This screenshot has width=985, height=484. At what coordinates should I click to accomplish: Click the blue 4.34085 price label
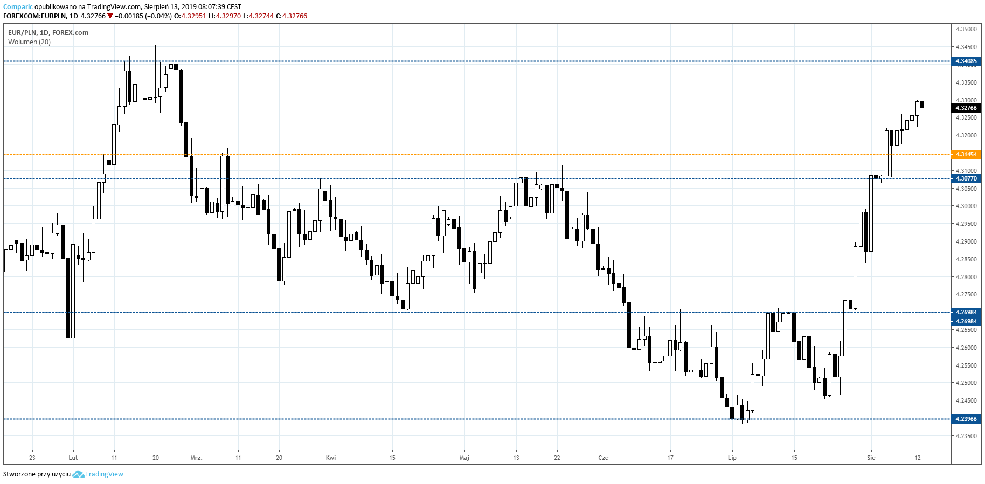[966, 61]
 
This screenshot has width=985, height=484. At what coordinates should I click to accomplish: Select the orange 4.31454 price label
[966, 155]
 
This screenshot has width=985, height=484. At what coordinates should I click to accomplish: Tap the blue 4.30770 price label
[966, 179]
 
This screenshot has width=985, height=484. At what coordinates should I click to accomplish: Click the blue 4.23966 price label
[966, 419]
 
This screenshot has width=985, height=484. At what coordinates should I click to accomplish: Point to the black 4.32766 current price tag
[966, 108]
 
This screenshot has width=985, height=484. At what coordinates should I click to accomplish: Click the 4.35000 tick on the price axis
[966, 30]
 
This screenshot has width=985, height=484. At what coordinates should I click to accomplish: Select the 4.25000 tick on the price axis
[966, 383]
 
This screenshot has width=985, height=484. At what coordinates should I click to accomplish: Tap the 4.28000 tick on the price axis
[966, 277]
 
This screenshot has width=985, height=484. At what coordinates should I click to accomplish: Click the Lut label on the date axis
[73, 458]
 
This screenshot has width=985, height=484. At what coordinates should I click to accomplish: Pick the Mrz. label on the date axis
[197, 458]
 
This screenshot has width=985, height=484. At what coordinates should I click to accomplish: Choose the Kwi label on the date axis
[331, 458]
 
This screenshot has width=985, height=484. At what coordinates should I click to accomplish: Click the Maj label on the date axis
[464, 458]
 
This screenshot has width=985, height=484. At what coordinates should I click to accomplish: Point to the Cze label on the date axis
[604, 458]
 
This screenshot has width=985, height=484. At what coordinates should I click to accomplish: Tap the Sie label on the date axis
[871, 458]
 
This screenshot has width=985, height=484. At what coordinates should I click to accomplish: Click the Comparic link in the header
[18, 7]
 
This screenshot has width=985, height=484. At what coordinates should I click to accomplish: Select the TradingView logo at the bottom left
[98, 474]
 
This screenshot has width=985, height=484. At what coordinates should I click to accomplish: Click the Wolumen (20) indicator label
[30, 42]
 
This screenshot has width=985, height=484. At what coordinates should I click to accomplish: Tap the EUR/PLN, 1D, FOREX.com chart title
[48, 33]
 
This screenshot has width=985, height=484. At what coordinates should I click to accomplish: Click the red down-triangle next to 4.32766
[110, 16]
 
